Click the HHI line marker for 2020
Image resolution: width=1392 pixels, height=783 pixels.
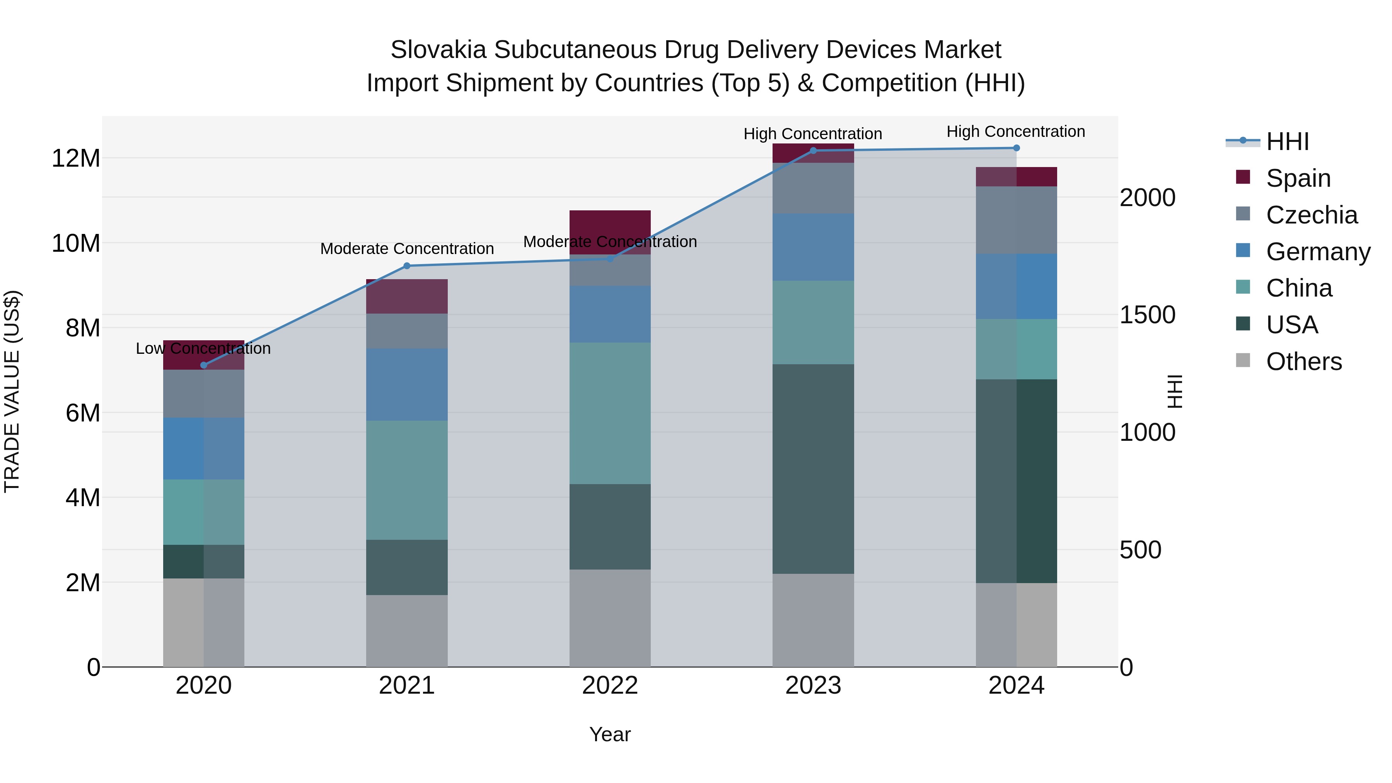pyautogui.click(x=204, y=365)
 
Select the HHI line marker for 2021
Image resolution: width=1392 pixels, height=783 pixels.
pyautogui.click(x=407, y=266)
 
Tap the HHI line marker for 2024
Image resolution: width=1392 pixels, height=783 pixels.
pyautogui.click(x=1017, y=148)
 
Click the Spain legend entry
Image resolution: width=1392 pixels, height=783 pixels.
pyautogui.click(x=1297, y=178)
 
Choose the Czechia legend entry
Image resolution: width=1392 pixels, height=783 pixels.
pyautogui.click(x=1311, y=215)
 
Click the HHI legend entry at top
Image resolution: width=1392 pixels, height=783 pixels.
pyautogui.click(x=1286, y=142)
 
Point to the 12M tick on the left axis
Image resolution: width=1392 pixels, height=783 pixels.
pyautogui.click(x=76, y=158)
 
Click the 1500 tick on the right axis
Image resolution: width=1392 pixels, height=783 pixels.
pyautogui.click(x=1147, y=315)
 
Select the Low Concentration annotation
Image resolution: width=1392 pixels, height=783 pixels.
pyautogui.click(x=203, y=348)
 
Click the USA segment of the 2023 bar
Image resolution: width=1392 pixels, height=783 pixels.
pyautogui.click(x=813, y=469)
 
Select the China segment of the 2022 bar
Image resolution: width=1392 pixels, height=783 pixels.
pyautogui.click(x=610, y=413)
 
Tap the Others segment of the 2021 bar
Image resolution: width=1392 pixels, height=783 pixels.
pyautogui.click(x=407, y=631)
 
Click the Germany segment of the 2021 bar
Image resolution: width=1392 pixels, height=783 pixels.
pyautogui.click(x=407, y=385)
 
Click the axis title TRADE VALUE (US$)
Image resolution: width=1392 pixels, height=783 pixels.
pyautogui.click(x=12, y=391)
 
